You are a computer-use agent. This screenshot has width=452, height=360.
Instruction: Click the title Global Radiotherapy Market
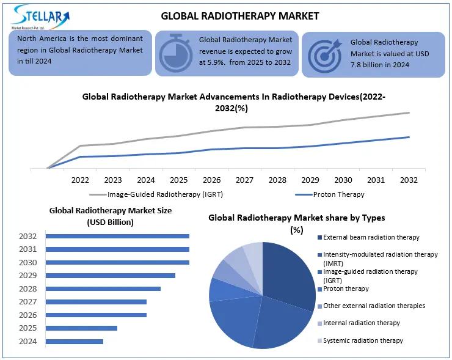click(239, 15)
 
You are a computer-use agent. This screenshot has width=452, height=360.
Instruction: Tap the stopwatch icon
click(175, 54)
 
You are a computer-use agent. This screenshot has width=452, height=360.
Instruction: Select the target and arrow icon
click(324, 55)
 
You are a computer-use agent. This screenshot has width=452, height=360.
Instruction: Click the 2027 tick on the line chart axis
click(244, 180)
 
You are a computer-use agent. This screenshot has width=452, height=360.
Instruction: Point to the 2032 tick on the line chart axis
click(409, 180)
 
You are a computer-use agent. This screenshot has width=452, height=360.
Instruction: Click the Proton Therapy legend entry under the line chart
click(330, 194)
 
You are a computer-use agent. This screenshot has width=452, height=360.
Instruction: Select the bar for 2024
click(75, 341)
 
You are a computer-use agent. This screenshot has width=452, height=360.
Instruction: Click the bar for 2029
click(111, 275)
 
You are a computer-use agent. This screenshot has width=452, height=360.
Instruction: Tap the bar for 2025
click(82, 328)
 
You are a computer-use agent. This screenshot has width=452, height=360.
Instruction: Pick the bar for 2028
click(103, 288)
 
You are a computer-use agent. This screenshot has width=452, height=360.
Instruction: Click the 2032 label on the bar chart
click(28, 236)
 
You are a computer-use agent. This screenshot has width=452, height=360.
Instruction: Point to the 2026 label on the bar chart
click(28, 315)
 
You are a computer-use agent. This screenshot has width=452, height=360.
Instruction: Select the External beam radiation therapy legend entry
click(371, 237)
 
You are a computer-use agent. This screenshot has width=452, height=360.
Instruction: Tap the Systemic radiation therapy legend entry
click(363, 340)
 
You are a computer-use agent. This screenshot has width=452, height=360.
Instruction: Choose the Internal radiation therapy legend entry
click(362, 323)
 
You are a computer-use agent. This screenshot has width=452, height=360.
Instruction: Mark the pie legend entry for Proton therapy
click(346, 288)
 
